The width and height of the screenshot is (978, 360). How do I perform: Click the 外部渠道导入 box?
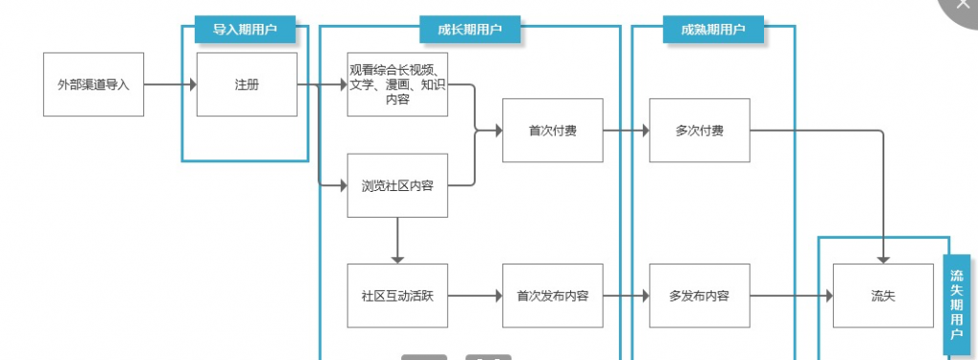(94, 84)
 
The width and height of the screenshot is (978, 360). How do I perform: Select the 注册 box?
(246, 84)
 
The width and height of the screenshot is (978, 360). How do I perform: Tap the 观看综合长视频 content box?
(397, 84)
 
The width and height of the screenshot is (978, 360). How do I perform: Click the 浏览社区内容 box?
(397, 185)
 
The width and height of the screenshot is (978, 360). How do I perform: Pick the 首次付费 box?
(552, 131)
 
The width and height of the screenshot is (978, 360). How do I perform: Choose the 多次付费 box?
(698, 131)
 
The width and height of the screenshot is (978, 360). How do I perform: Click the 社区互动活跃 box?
(397, 296)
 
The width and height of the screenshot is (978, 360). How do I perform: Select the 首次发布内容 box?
(552, 296)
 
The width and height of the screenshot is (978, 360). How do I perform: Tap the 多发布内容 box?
(698, 296)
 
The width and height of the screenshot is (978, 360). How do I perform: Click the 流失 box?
(883, 296)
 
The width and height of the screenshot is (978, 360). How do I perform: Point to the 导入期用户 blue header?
(244, 31)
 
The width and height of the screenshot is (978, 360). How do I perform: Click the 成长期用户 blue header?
(470, 31)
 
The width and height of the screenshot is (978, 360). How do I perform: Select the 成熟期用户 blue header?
(712, 31)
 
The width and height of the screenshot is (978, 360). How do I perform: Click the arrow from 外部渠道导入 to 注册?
(170, 84)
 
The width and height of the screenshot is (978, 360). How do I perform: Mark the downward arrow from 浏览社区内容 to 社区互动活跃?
(397, 240)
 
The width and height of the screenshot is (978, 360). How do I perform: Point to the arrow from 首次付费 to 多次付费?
(626, 131)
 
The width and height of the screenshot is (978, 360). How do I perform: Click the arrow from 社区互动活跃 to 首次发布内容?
(475, 296)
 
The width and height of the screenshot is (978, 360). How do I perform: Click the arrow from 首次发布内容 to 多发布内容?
(626, 296)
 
